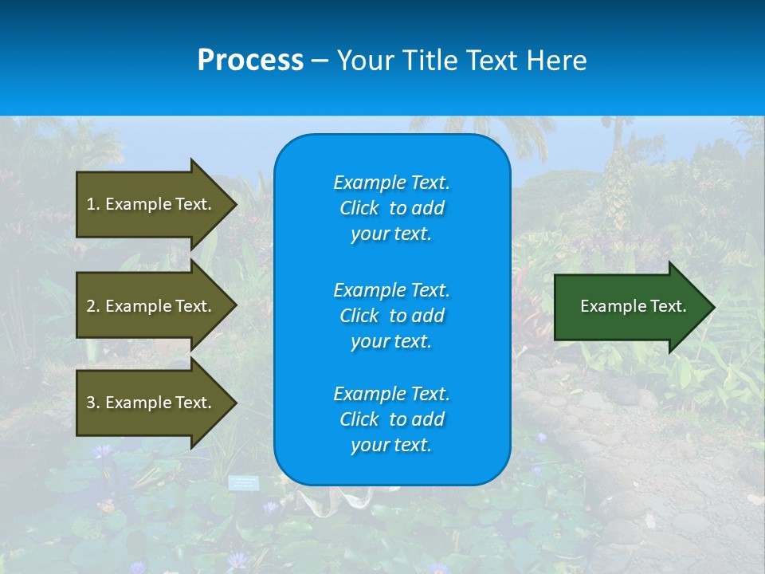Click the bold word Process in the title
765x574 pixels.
[250, 61]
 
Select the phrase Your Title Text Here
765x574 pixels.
[461, 61]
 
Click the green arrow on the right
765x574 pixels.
[630, 307]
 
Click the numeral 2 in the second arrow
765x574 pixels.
[91, 306]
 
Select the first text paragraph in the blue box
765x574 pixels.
[391, 208]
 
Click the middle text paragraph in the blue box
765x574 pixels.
[391, 316]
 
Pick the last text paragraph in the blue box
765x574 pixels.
[391, 419]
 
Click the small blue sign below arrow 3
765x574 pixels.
[244, 482]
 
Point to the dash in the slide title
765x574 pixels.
[320, 61]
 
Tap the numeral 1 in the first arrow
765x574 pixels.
[91, 204]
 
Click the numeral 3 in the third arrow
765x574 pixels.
[91, 403]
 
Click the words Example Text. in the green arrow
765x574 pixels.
[634, 306]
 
